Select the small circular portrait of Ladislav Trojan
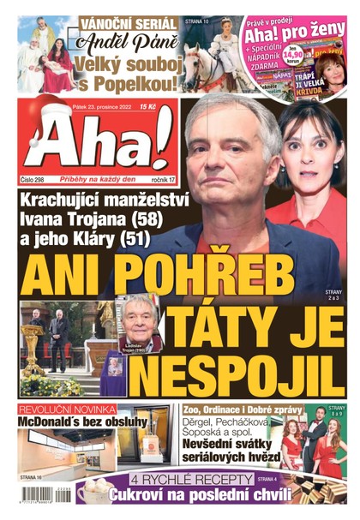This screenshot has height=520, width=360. (x=136, y=315)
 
